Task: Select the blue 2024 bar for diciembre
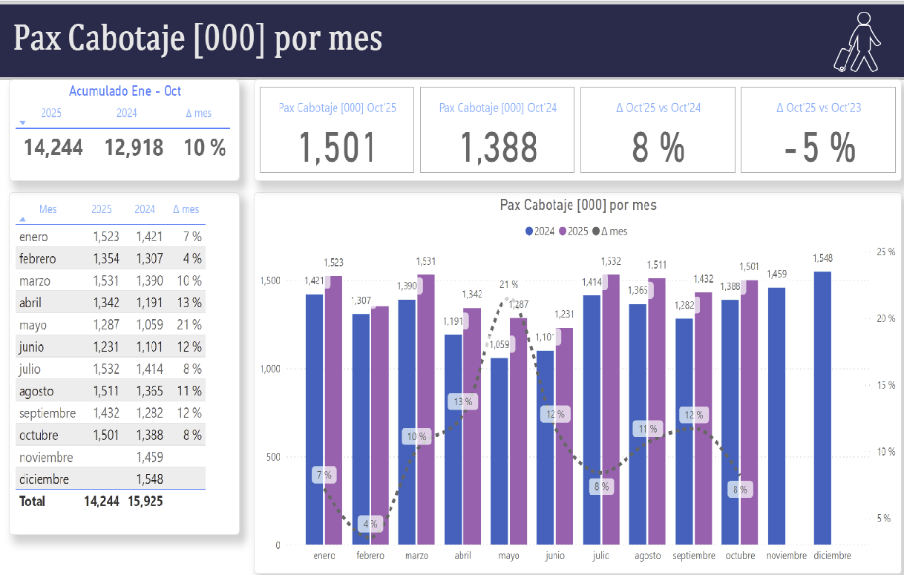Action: (x=822, y=408)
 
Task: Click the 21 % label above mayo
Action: (x=508, y=284)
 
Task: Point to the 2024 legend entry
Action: (x=540, y=231)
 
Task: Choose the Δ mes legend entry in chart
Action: (x=609, y=231)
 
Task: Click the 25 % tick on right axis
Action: (x=885, y=252)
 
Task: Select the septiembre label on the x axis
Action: (x=694, y=556)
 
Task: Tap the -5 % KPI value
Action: (x=819, y=148)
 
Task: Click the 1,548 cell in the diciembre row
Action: (x=149, y=479)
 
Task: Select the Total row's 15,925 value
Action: (x=145, y=502)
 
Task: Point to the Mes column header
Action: (x=48, y=209)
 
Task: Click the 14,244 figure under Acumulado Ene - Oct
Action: (x=53, y=148)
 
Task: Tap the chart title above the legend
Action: (x=578, y=206)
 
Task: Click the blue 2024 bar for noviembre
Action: (x=776, y=416)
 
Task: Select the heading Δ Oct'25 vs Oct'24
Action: (x=658, y=108)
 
